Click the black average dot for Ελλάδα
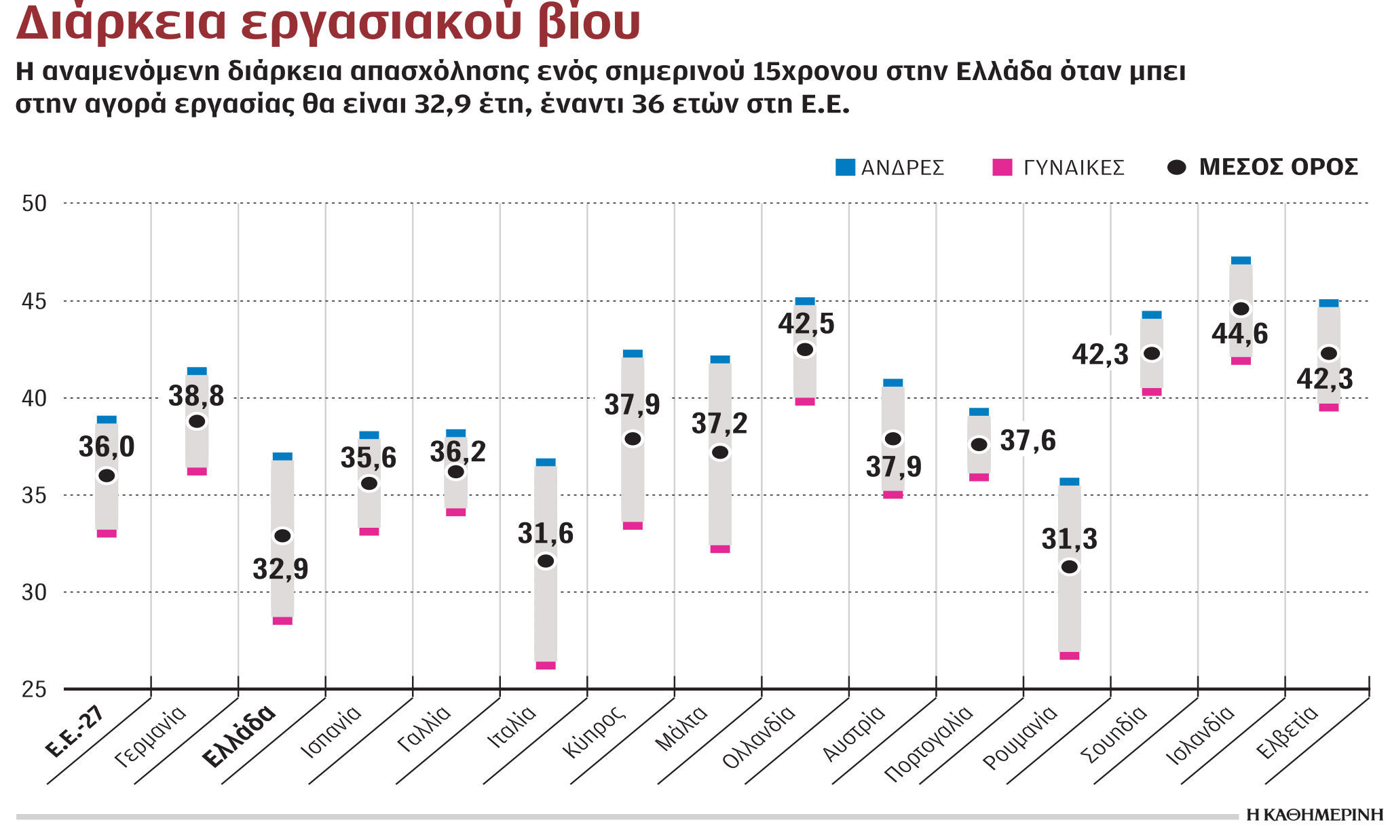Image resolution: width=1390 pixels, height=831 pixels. pos(282,536)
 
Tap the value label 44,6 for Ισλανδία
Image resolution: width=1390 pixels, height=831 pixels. pos(1239,334)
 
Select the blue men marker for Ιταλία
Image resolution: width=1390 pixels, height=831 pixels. pos(546,462)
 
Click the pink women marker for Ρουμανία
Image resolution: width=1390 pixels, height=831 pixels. pos(1069,656)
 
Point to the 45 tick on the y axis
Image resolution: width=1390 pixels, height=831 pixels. pos(34,301)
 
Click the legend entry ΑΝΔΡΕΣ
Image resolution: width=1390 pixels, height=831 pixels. pos(890,168)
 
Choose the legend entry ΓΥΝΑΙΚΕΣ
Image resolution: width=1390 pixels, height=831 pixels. pos(1059,168)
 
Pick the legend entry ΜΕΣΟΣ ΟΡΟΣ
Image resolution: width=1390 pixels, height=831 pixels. pos(1264,168)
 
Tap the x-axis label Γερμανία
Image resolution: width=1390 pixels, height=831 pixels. pos(151,736)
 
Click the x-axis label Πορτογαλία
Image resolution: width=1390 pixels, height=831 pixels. pos(928,743)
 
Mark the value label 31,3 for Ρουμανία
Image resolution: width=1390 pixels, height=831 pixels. pos(1069,539)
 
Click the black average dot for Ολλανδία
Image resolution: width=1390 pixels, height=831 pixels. pos(805,350)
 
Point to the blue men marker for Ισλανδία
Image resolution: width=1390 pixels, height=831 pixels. pos(1241,260)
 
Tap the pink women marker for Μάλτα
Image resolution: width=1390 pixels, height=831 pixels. pos(720,549)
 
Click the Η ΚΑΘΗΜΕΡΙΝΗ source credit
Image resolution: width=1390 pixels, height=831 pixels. pos(1315,815)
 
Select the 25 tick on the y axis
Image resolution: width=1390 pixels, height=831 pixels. pos(34,690)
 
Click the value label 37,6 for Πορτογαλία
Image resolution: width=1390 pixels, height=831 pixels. pos(1028,441)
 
